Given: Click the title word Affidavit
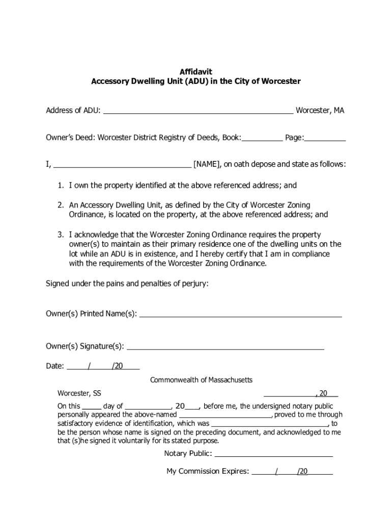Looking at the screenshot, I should coord(195,72).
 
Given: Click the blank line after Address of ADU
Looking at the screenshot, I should coord(198,111).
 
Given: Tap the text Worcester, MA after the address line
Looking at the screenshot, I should coord(320,110).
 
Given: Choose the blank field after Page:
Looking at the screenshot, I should coord(325,138).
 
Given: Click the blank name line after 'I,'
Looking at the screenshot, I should coord(122,165).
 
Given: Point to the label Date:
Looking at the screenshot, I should coord(55,366).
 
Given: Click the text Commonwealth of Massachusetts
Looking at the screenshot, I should coord(201,381).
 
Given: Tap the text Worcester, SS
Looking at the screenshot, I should coord(79,393).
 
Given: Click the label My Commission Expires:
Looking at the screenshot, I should coord(208,472).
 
